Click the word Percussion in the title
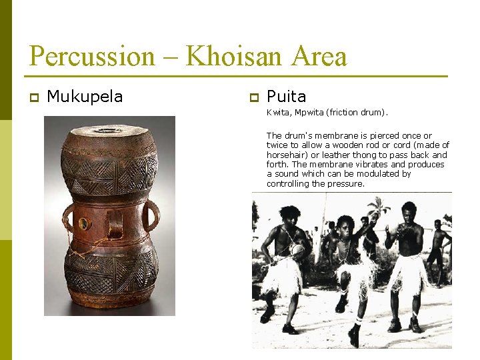click(x=91, y=56)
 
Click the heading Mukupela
click(x=85, y=97)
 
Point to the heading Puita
click(x=286, y=97)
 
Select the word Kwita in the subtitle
click(x=277, y=113)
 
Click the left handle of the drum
click(x=68, y=217)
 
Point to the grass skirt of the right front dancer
click(x=407, y=273)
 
